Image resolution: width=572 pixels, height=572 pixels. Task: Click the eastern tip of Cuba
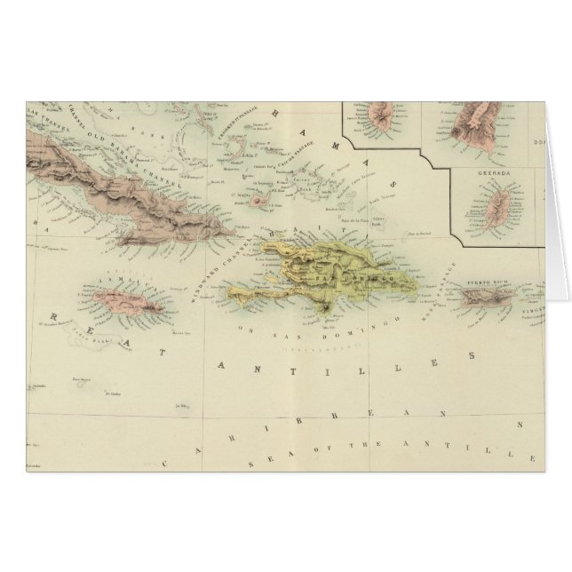tap(233, 232)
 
